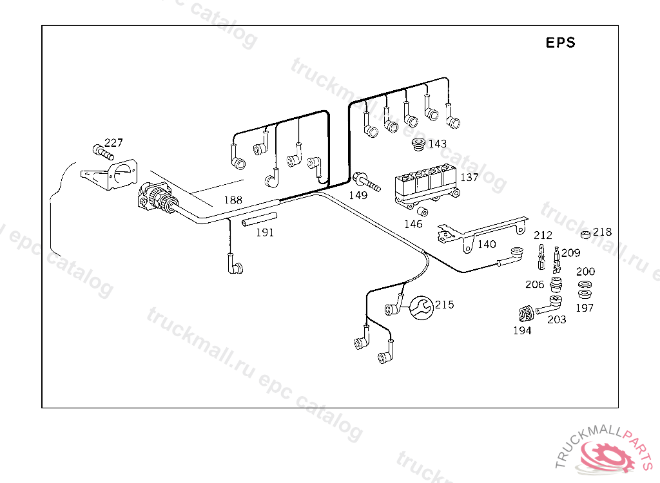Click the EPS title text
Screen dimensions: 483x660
coord(560,43)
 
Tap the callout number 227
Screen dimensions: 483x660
coord(113,143)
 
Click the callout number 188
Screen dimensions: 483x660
coord(233,200)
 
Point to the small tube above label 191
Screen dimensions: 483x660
coord(260,219)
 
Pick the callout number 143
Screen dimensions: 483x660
coord(437,144)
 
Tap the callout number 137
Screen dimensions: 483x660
coord(469,177)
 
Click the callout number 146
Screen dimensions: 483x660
coord(413,224)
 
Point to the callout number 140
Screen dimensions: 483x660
coord(487,244)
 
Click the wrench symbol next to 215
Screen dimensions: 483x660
coord(422,307)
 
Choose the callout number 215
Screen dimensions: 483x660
coord(444,305)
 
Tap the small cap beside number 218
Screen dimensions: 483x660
coord(585,234)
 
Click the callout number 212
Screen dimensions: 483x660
coord(543,236)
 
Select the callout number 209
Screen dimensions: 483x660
coord(570,252)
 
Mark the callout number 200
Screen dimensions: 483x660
coord(585,272)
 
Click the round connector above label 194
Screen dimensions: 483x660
coord(525,314)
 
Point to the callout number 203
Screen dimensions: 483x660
coord(556,319)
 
